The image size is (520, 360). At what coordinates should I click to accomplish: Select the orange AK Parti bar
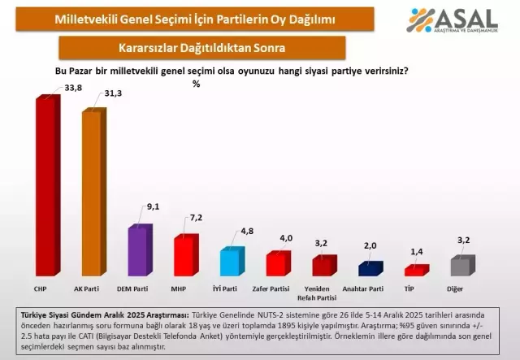coord(92,195)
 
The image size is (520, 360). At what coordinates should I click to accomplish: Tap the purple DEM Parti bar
coord(139,252)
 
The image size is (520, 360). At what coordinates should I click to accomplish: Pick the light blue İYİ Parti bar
coord(232,263)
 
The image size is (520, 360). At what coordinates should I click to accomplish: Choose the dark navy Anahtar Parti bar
coord(370,269)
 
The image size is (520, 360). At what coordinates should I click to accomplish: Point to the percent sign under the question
coord(197,83)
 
